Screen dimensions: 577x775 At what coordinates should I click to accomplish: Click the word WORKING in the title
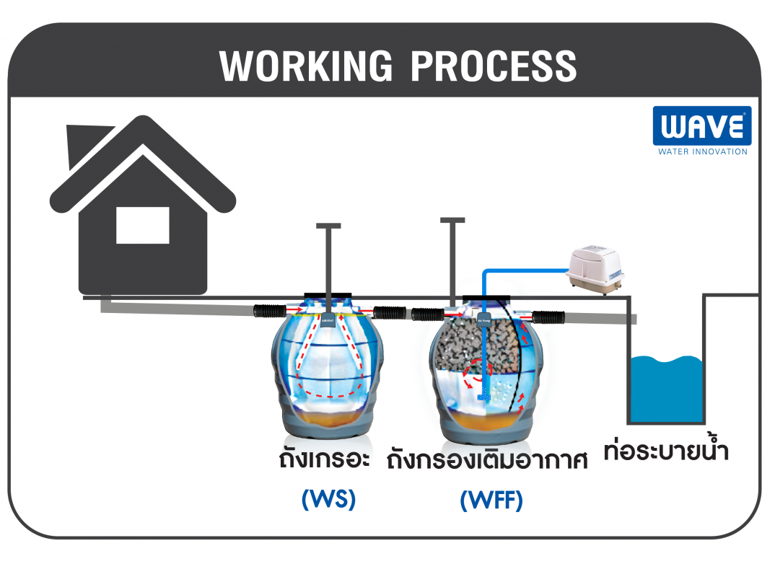(307, 66)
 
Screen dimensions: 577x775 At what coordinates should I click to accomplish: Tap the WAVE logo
(701, 127)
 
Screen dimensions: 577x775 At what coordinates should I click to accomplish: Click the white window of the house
(143, 225)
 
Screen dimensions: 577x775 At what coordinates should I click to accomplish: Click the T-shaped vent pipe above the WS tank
(329, 260)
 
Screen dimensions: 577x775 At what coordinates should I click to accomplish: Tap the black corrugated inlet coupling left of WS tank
(269, 312)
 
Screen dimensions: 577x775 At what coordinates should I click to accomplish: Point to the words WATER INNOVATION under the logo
(702, 151)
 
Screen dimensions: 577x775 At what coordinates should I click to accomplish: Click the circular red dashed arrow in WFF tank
(476, 374)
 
